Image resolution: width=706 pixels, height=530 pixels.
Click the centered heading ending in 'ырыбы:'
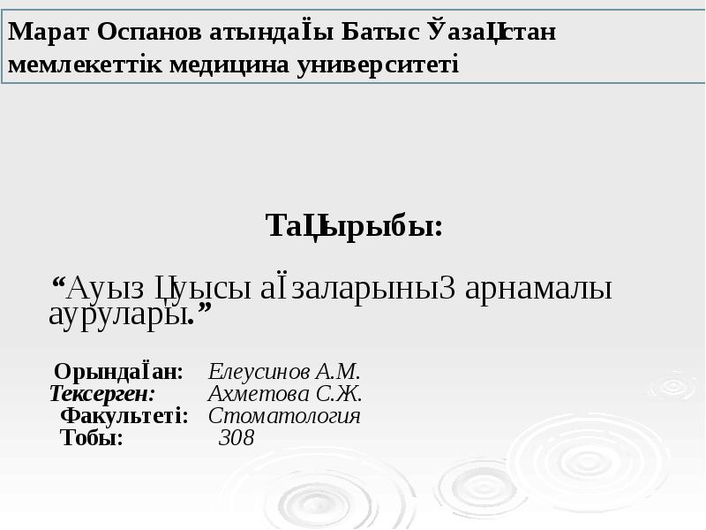click(354, 227)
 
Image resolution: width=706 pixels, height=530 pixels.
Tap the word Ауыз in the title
click(108, 289)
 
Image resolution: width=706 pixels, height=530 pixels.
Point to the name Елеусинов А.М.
click(285, 370)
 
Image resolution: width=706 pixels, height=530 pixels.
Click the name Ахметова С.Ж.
click(285, 393)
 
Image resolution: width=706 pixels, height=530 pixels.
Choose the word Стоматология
click(284, 416)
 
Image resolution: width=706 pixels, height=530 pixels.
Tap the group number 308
click(236, 438)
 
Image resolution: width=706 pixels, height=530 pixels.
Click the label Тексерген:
click(102, 393)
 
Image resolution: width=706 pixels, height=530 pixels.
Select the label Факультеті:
click(124, 416)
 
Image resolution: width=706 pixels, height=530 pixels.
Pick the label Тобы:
click(91, 438)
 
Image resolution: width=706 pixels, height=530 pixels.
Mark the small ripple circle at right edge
click(672, 386)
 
